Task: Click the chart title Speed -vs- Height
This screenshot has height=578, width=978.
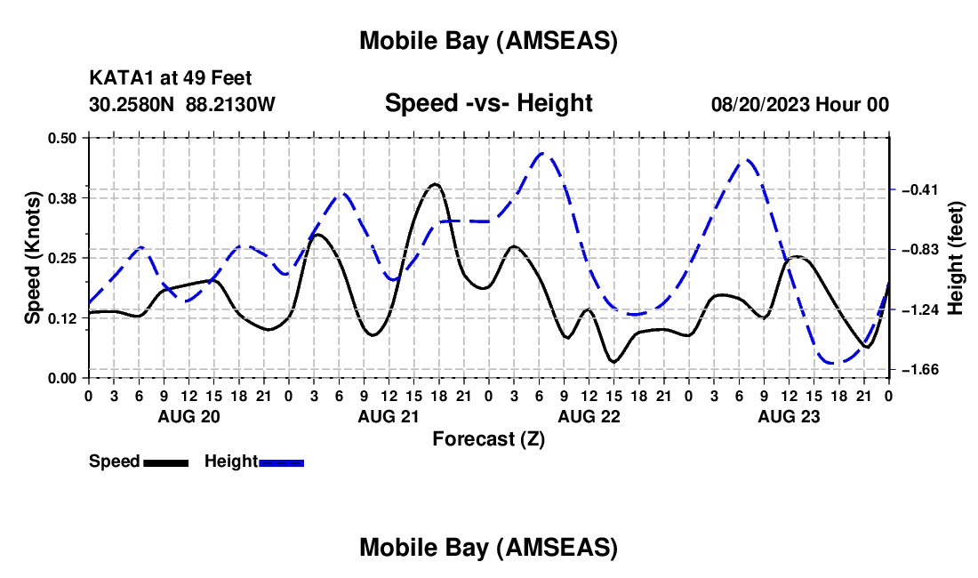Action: (488, 103)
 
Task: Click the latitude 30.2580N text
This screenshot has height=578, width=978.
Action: (132, 104)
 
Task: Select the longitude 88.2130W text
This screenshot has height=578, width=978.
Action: (231, 104)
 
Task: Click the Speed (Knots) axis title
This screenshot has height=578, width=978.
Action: (33, 257)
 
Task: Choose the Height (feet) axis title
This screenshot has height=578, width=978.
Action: (956, 257)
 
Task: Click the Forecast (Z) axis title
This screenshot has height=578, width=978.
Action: (488, 438)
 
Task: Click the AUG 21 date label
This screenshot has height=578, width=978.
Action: (388, 416)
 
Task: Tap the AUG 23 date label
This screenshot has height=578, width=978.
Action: (788, 416)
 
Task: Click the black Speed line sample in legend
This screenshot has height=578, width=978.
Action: (165, 462)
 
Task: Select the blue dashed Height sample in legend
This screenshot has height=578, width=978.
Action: (282, 462)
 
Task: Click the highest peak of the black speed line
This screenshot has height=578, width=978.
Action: (434, 184)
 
